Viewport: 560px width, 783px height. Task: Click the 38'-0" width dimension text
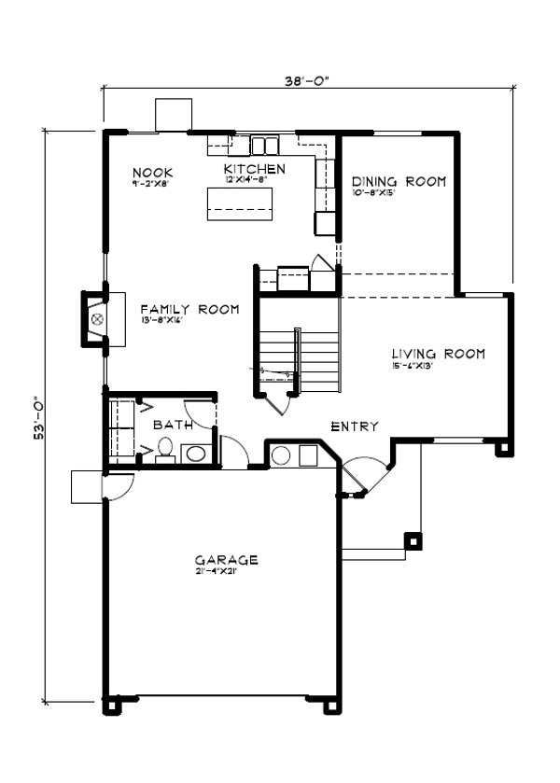307,81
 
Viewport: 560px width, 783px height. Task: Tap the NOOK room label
152,172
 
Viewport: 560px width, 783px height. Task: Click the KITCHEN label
254,168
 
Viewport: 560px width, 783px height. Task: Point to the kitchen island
240,203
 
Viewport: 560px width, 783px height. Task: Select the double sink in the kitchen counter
264,145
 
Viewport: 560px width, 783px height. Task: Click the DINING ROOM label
399,181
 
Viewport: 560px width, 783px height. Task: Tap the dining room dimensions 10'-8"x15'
376,193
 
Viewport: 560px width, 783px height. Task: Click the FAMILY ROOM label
189,309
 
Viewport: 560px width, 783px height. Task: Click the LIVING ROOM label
438,354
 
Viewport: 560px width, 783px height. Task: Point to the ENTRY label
355,426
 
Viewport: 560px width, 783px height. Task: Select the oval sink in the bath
196,454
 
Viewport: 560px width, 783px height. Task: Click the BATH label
173,425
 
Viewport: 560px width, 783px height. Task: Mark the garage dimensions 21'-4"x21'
214,571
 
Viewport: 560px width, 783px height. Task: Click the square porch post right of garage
411,539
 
